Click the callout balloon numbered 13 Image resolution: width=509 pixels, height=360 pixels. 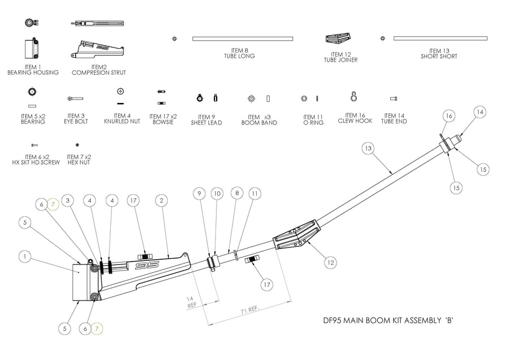point(368,148)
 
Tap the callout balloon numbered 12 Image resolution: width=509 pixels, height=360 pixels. point(331,262)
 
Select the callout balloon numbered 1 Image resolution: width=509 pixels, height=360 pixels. point(24,256)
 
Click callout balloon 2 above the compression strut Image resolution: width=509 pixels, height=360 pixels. point(162,200)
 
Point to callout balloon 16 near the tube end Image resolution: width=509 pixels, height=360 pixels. point(450,116)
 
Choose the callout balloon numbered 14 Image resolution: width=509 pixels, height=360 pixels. point(480,113)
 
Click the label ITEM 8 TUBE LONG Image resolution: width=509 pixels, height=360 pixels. point(239,53)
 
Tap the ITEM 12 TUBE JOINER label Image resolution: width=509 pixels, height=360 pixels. point(340,56)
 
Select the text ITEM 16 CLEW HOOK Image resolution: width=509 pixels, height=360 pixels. point(355,118)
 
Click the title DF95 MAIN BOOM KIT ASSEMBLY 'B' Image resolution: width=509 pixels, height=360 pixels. point(384,321)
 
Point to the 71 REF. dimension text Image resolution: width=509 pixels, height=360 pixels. point(249,310)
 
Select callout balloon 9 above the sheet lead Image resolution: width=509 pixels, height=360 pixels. point(199,193)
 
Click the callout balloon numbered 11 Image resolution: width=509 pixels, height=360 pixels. point(255,193)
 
